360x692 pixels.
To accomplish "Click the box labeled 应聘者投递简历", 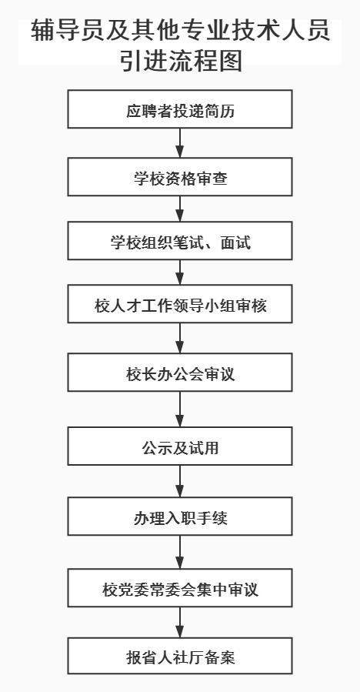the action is pyautogui.click(x=180, y=109).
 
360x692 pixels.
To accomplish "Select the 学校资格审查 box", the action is pyautogui.click(x=180, y=176).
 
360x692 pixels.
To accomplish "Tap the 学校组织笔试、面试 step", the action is pyautogui.click(x=180, y=240).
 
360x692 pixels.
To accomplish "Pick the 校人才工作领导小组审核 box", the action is pyautogui.click(x=180, y=303).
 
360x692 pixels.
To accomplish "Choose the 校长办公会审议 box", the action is pyautogui.click(x=180, y=372).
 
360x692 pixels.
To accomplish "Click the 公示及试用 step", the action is pyautogui.click(x=180, y=446).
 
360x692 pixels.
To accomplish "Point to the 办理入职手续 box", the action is pyautogui.click(x=180, y=516).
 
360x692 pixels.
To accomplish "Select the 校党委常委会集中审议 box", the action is pyautogui.click(x=180, y=588).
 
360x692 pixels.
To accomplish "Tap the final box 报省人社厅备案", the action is pyautogui.click(x=180, y=656).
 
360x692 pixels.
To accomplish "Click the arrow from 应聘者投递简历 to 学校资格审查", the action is pyautogui.click(x=179, y=143).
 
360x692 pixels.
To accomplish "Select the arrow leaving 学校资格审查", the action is pyautogui.click(x=179, y=209).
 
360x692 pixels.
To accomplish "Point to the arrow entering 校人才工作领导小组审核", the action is pyautogui.click(x=179, y=272).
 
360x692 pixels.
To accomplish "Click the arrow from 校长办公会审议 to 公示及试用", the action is pyautogui.click(x=179, y=409).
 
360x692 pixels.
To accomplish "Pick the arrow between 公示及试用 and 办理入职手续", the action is pyautogui.click(x=179, y=481).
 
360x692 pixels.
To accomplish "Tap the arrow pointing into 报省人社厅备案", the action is pyautogui.click(x=179, y=622).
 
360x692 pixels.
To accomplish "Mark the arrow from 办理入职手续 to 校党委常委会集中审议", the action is pyautogui.click(x=179, y=552).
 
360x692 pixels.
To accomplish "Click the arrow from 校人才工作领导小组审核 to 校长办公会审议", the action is pyautogui.click(x=179, y=338).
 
